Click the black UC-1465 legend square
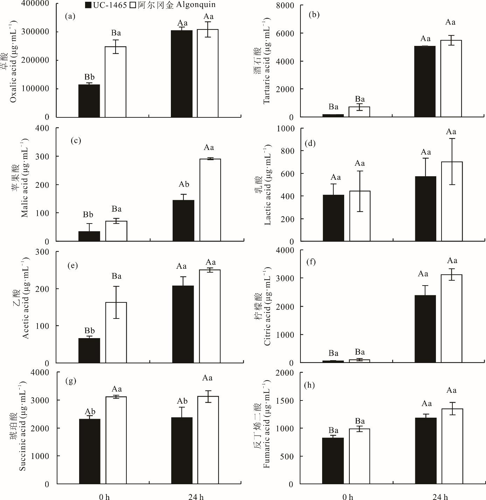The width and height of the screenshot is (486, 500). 88,5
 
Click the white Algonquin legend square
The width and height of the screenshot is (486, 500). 133,5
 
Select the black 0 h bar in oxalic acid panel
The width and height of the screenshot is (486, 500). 89,101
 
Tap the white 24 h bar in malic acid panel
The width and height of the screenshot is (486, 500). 210,200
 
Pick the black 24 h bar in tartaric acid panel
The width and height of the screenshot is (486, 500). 425,82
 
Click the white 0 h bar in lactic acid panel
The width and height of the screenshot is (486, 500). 360,216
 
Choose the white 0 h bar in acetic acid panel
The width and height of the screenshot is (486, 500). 116,333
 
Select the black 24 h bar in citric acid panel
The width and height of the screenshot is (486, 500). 425,329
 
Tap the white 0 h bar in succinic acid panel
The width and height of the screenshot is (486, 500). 116,440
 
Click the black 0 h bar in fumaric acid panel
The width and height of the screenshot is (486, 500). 333,461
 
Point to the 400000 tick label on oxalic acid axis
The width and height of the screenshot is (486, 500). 35,4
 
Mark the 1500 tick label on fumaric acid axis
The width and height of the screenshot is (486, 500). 286,400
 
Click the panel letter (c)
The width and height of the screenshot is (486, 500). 76,141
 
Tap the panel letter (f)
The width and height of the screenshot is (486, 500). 311,262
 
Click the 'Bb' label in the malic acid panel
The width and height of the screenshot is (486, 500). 88,214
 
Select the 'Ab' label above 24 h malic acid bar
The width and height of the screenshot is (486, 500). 184,184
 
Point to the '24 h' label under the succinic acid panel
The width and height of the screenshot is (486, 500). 196,496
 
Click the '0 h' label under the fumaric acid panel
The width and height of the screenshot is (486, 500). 348,496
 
